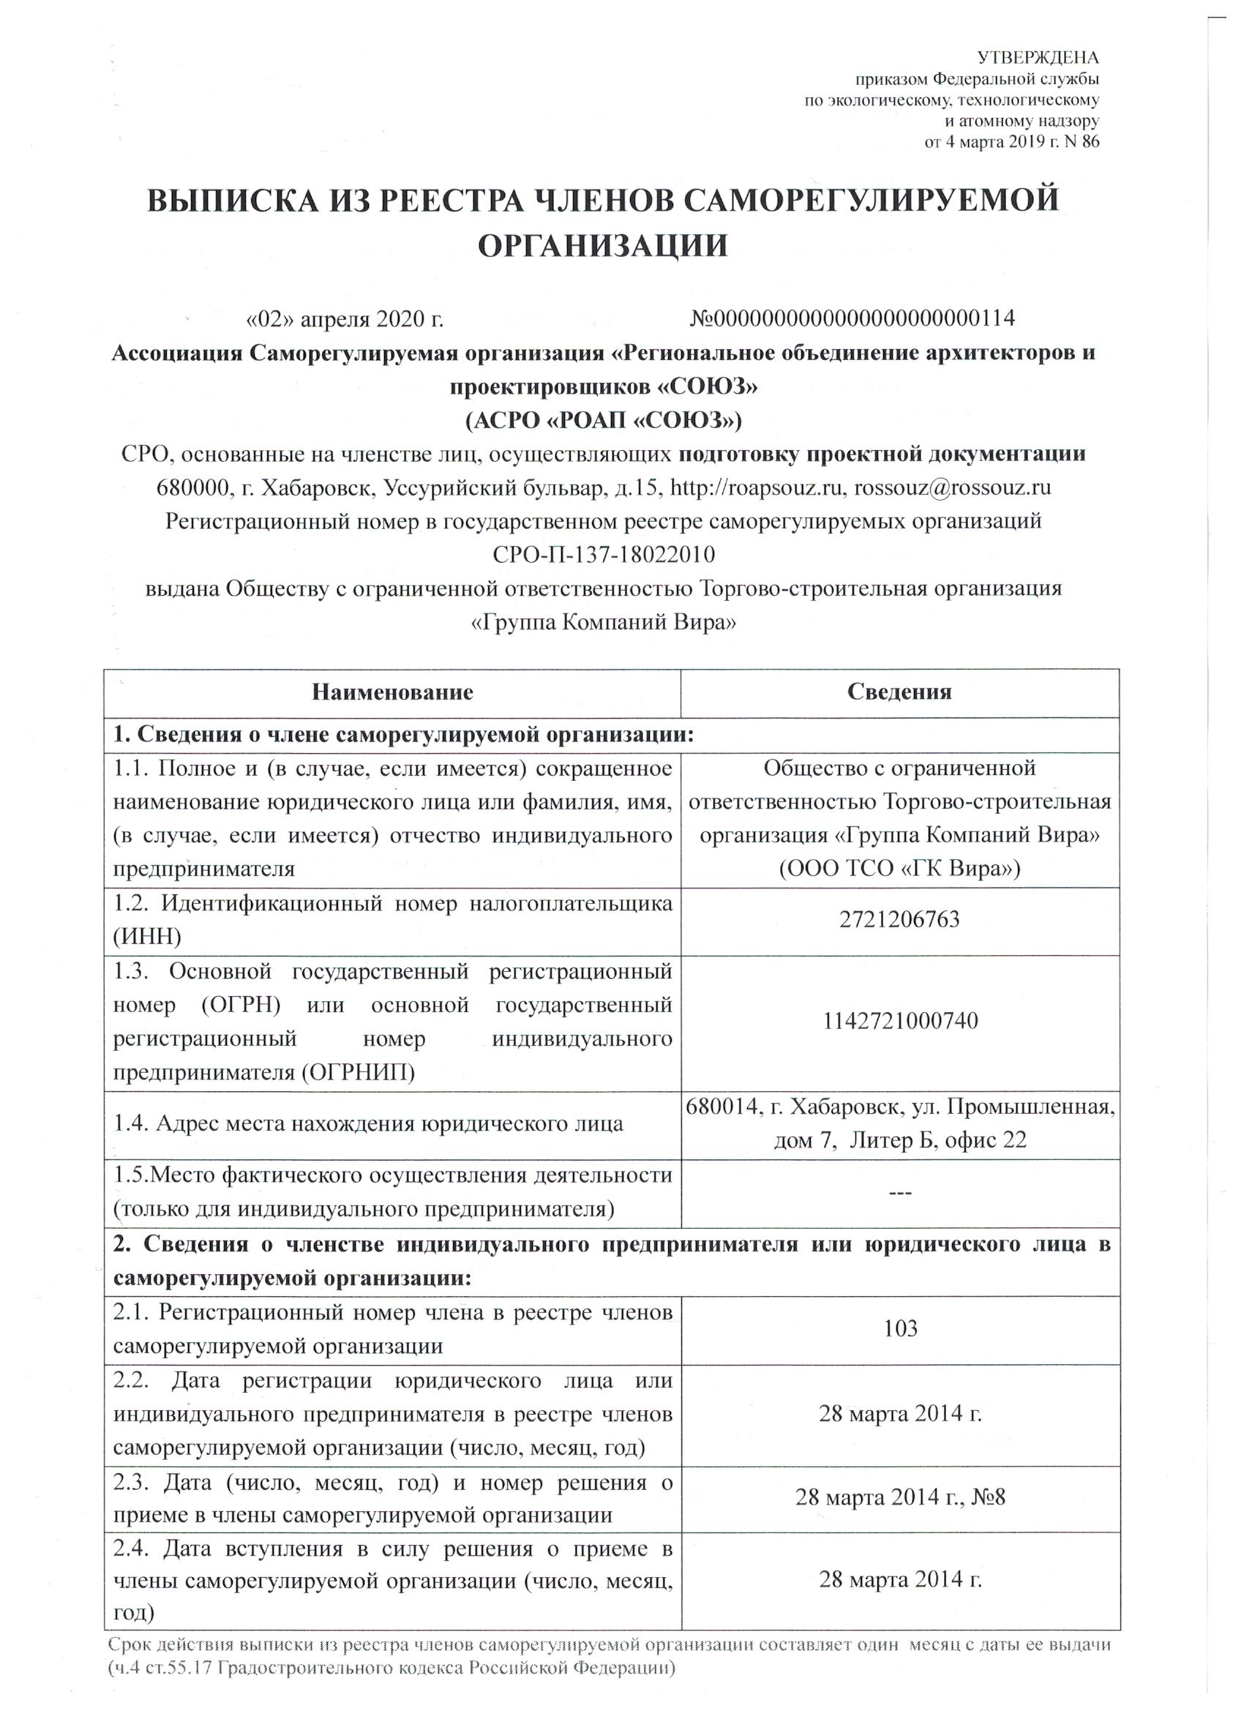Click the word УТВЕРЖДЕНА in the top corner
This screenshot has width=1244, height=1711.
[1038, 58]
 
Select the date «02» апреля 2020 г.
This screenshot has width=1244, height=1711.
[345, 319]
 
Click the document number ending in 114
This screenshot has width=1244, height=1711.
[853, 318]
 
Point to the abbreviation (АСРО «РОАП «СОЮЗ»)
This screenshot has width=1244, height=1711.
[604, 419]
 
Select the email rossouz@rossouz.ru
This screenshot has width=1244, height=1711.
[953, 487]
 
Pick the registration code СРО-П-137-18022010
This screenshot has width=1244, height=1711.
[604, 555]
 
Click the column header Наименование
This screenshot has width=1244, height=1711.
[392, 692]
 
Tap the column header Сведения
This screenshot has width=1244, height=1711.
[899, 692]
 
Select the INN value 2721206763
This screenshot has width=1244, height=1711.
[899, 920]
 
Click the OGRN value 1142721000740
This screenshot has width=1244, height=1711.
[899, 1022]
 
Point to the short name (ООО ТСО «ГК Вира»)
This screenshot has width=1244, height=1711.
[899, 869]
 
